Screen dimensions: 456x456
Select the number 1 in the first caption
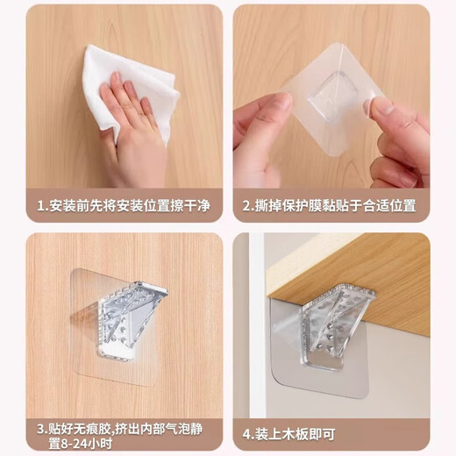click(40, 207)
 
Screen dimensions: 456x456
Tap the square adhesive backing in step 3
click(96, 351)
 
